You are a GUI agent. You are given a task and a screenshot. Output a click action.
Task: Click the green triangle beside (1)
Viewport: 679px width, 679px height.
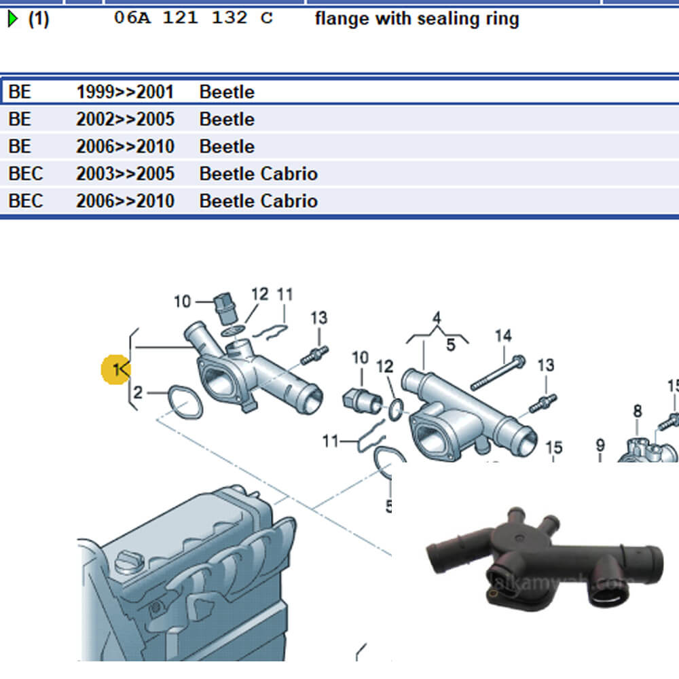point(13,19)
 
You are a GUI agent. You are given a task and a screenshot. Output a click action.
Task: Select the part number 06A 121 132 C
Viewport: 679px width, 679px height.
point(193,18)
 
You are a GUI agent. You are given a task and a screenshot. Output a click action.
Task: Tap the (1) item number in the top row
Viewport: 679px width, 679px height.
point(38,19)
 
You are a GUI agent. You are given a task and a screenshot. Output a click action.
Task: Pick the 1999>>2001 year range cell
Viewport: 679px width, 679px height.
point(125,92)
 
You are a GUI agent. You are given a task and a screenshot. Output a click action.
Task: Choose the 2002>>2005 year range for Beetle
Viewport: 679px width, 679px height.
point(125,120)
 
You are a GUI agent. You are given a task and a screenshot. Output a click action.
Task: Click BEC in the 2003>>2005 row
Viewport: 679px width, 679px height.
point(25,174)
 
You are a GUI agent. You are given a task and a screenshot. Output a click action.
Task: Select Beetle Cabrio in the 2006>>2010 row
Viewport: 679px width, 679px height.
point(258,201)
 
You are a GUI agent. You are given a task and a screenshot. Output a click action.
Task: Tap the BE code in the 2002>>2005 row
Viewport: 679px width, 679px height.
point(20,120)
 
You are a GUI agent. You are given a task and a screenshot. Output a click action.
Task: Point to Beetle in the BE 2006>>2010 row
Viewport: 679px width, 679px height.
point(227,147)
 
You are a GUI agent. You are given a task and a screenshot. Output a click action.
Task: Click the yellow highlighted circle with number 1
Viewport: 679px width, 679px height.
point(115,369)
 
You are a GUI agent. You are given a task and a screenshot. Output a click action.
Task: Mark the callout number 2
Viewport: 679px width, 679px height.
point(138,392)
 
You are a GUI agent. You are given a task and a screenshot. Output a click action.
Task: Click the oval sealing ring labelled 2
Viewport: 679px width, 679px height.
point(185,401)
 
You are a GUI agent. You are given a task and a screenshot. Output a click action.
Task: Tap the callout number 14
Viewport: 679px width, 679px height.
point(502,335)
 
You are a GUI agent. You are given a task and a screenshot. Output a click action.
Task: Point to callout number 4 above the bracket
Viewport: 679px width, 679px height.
point(437,318)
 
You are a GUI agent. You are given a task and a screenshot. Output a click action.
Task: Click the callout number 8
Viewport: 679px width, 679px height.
point(637,411)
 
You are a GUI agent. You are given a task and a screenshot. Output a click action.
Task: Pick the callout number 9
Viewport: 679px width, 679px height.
point(600,445)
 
